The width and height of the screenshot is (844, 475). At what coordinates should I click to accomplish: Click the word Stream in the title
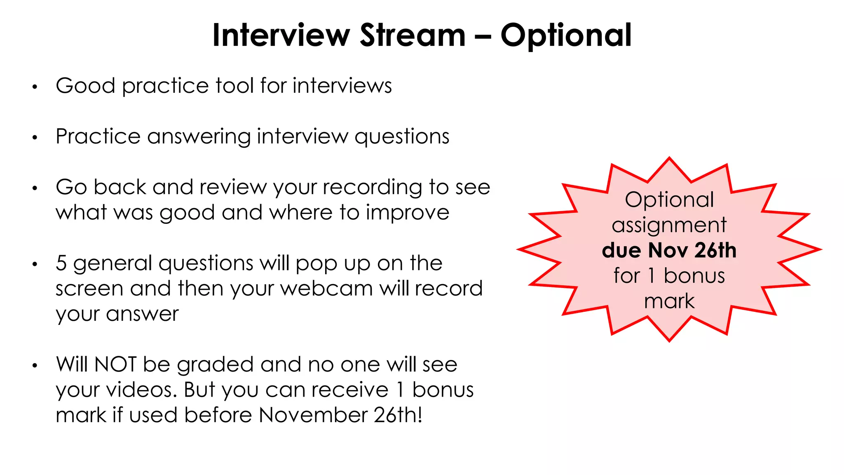tap(413, 35)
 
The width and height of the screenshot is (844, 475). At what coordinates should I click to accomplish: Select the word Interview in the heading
tap(281, 35)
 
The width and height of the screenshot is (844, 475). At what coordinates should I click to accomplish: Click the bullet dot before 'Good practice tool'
tap(35, 87)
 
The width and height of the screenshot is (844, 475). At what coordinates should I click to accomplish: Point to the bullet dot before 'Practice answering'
tap(35, 138)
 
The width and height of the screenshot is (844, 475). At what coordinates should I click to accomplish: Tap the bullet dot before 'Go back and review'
tap(35, 188)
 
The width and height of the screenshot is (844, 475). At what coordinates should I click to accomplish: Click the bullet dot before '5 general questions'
tap(35, 264)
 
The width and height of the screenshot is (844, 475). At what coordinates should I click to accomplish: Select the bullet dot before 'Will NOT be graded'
tap(35, 366)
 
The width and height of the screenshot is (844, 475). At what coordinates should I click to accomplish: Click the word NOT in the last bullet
tap(115, 364)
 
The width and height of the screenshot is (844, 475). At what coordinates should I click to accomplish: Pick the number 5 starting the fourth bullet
tap(61, 263)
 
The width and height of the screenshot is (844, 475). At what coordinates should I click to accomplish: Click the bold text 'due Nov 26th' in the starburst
tap(669, 250)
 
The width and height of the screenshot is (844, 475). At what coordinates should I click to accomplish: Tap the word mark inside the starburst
tap(669, 301)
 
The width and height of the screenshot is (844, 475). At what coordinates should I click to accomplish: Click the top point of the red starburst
tap(669, 158)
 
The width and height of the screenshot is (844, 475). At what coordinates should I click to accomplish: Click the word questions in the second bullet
tap(402, 137)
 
